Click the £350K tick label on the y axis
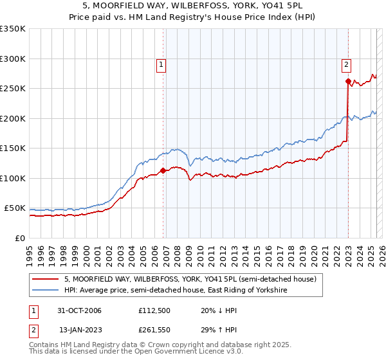[x=12, y=29]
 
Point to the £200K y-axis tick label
[x=12, y=118]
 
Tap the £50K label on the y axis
[x=15, y=208]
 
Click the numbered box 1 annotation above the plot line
[x=160, y=64]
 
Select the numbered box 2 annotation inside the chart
[x=346, y=64]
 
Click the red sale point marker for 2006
[x=163, y=171]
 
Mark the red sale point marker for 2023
[x=348, y=82]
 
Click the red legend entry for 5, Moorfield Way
[x=190, y=280]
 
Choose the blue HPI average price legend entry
[x=176, y=291]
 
